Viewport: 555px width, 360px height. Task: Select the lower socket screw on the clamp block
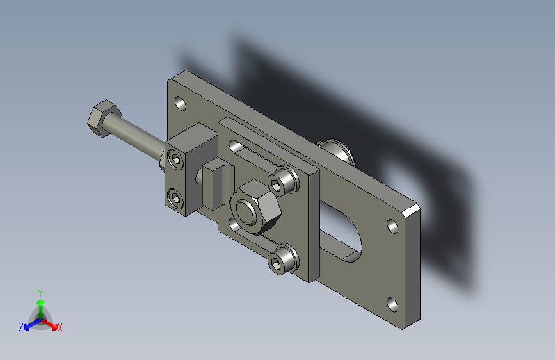coord(175,198)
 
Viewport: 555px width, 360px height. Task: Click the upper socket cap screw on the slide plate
coord(282,181)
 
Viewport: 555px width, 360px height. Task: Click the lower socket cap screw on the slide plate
coord(283,259)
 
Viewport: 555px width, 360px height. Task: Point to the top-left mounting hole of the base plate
coord(181,104)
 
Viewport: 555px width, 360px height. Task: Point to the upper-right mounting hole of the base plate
coord(392,226)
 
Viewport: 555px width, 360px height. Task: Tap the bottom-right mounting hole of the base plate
coord(392,305)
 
